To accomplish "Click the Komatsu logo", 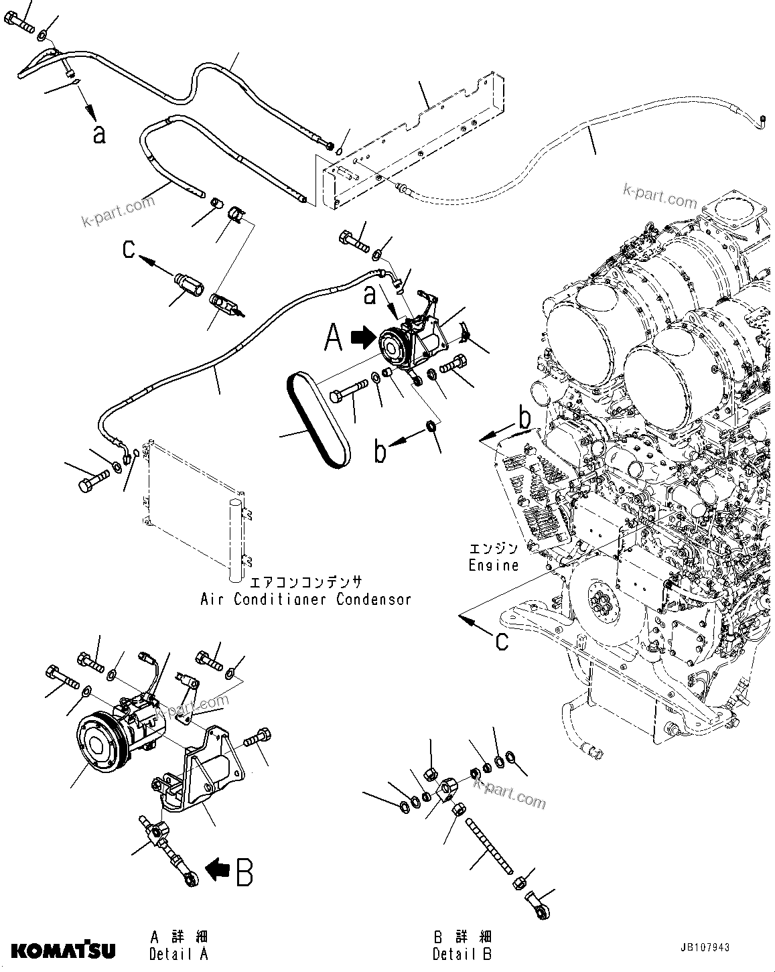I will click(63, 951).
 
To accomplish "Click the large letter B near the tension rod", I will click(244, 872).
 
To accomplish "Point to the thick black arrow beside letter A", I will click(362, 339).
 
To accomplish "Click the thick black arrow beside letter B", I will click(216, 870).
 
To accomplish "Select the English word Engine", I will click(493, 565).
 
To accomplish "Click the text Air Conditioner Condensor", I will click(305, 599).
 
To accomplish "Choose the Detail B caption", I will click(462, 954).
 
